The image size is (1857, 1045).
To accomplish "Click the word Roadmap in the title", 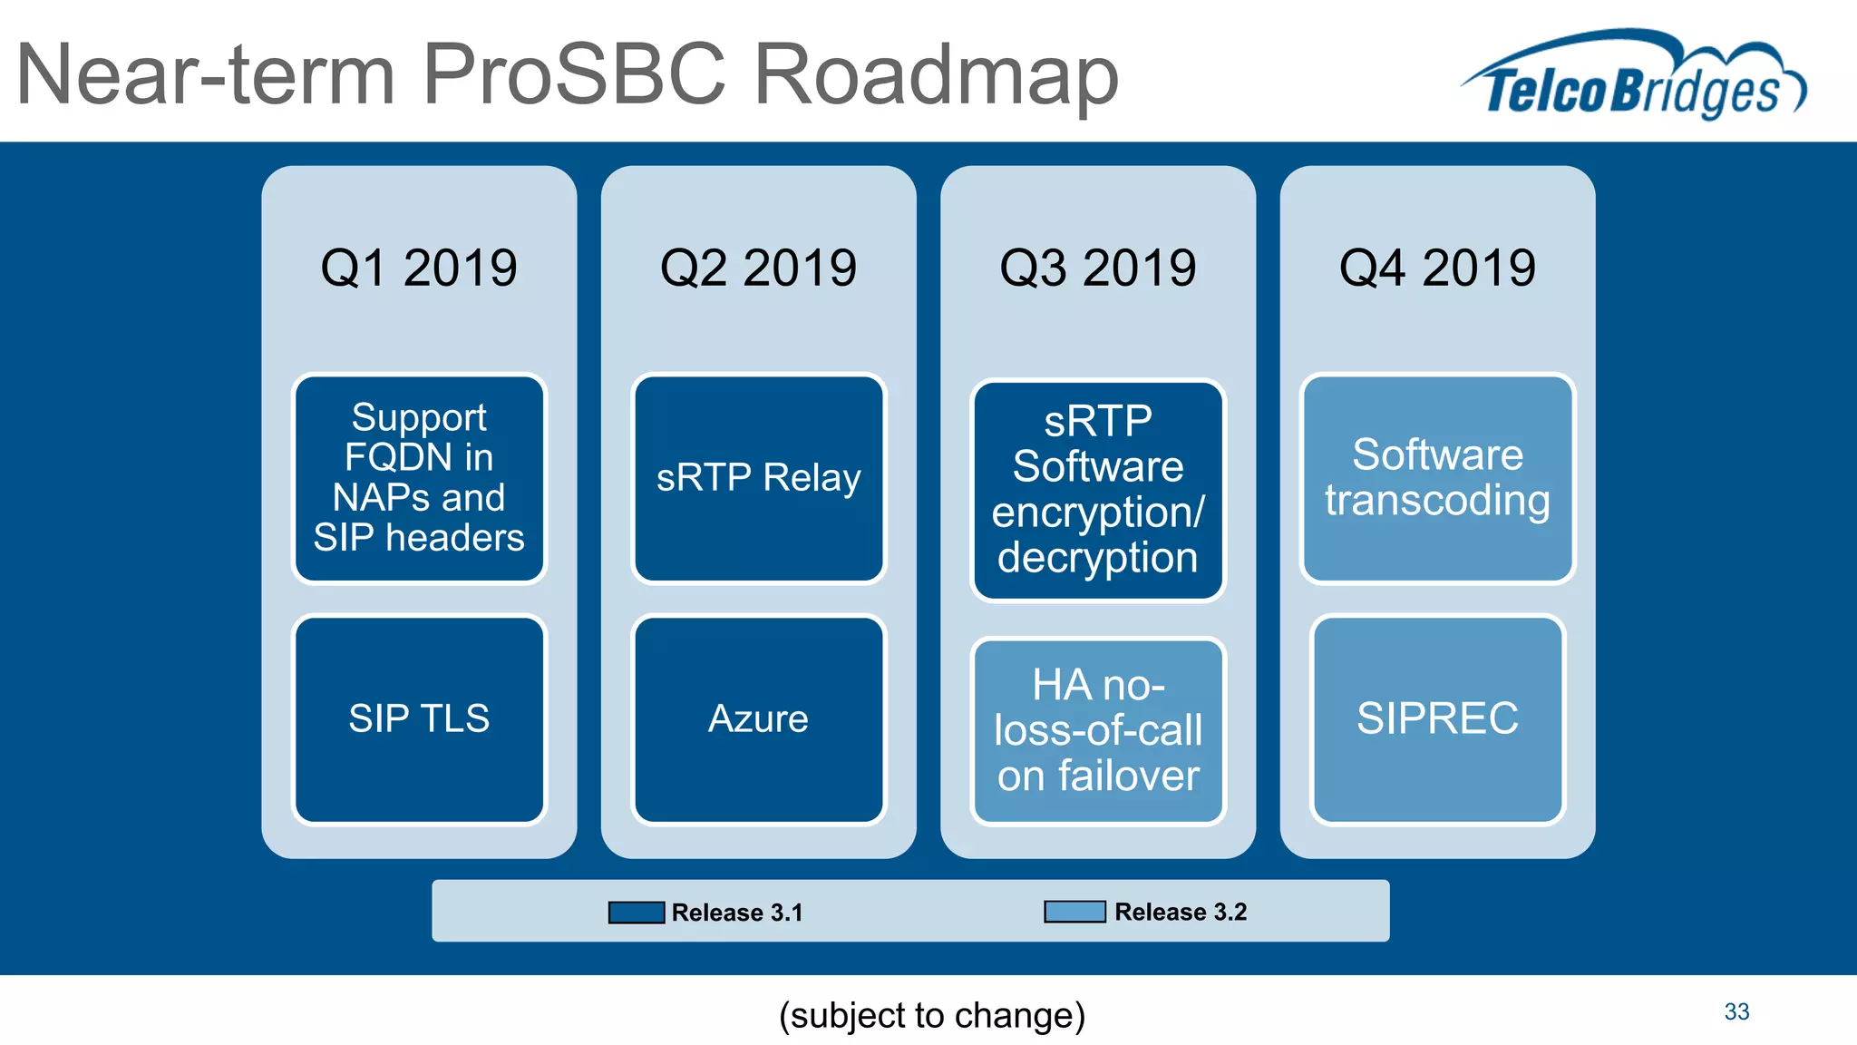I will [936, 76].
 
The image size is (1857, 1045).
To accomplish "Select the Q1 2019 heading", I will [419, 269].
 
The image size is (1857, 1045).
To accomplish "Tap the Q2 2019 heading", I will [758, 269].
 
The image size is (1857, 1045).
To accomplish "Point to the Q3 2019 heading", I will [1097, 269].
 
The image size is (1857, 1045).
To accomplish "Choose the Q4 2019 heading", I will [1437, 269].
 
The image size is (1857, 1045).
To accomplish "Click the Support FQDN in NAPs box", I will [419, 478].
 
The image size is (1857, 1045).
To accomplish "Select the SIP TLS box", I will [419, 719].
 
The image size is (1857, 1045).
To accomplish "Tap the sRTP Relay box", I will [758, 478].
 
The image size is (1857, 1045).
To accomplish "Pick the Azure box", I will [758, 719].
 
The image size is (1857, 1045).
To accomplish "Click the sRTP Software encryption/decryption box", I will [1097, 490].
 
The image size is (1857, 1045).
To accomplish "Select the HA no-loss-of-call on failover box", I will [1097, 730].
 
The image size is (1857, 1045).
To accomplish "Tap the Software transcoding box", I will [1437, 478].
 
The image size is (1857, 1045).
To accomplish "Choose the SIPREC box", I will [1437, 719].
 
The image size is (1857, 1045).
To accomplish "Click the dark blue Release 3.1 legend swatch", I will [637, 913].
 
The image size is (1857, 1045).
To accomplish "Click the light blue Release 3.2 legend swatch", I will [1074, 912].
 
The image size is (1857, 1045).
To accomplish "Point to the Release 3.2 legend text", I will [1181, 912].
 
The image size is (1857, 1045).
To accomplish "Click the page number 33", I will [1736, 1011].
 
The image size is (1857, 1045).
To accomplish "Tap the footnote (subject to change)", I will [932, 1015].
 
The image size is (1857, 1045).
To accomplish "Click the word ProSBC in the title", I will [574, 76].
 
